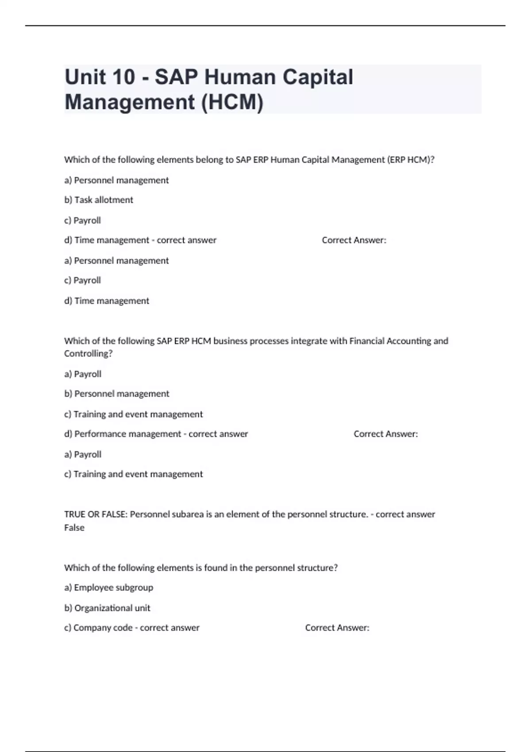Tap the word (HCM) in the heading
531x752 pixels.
tap(232, 102)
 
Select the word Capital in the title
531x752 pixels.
tap(318, 77)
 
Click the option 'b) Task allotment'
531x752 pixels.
tap(99, 200)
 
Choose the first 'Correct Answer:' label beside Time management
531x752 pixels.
tap(354, 240)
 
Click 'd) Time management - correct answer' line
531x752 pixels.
tap(140, 240)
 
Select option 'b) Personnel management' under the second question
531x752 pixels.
tap(117, 394)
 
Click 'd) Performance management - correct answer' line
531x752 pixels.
tap(156, 434)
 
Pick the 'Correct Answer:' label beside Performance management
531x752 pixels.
tap(385, 434)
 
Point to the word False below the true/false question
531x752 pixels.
tap(74, 528)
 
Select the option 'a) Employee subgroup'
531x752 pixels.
tap(109, 587)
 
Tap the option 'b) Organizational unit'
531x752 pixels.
tap(108, 608)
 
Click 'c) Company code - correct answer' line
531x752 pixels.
tap(132, 628)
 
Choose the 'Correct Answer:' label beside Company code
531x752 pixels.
tap(337, 628)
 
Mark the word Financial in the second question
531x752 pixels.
tap(367, 341)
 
